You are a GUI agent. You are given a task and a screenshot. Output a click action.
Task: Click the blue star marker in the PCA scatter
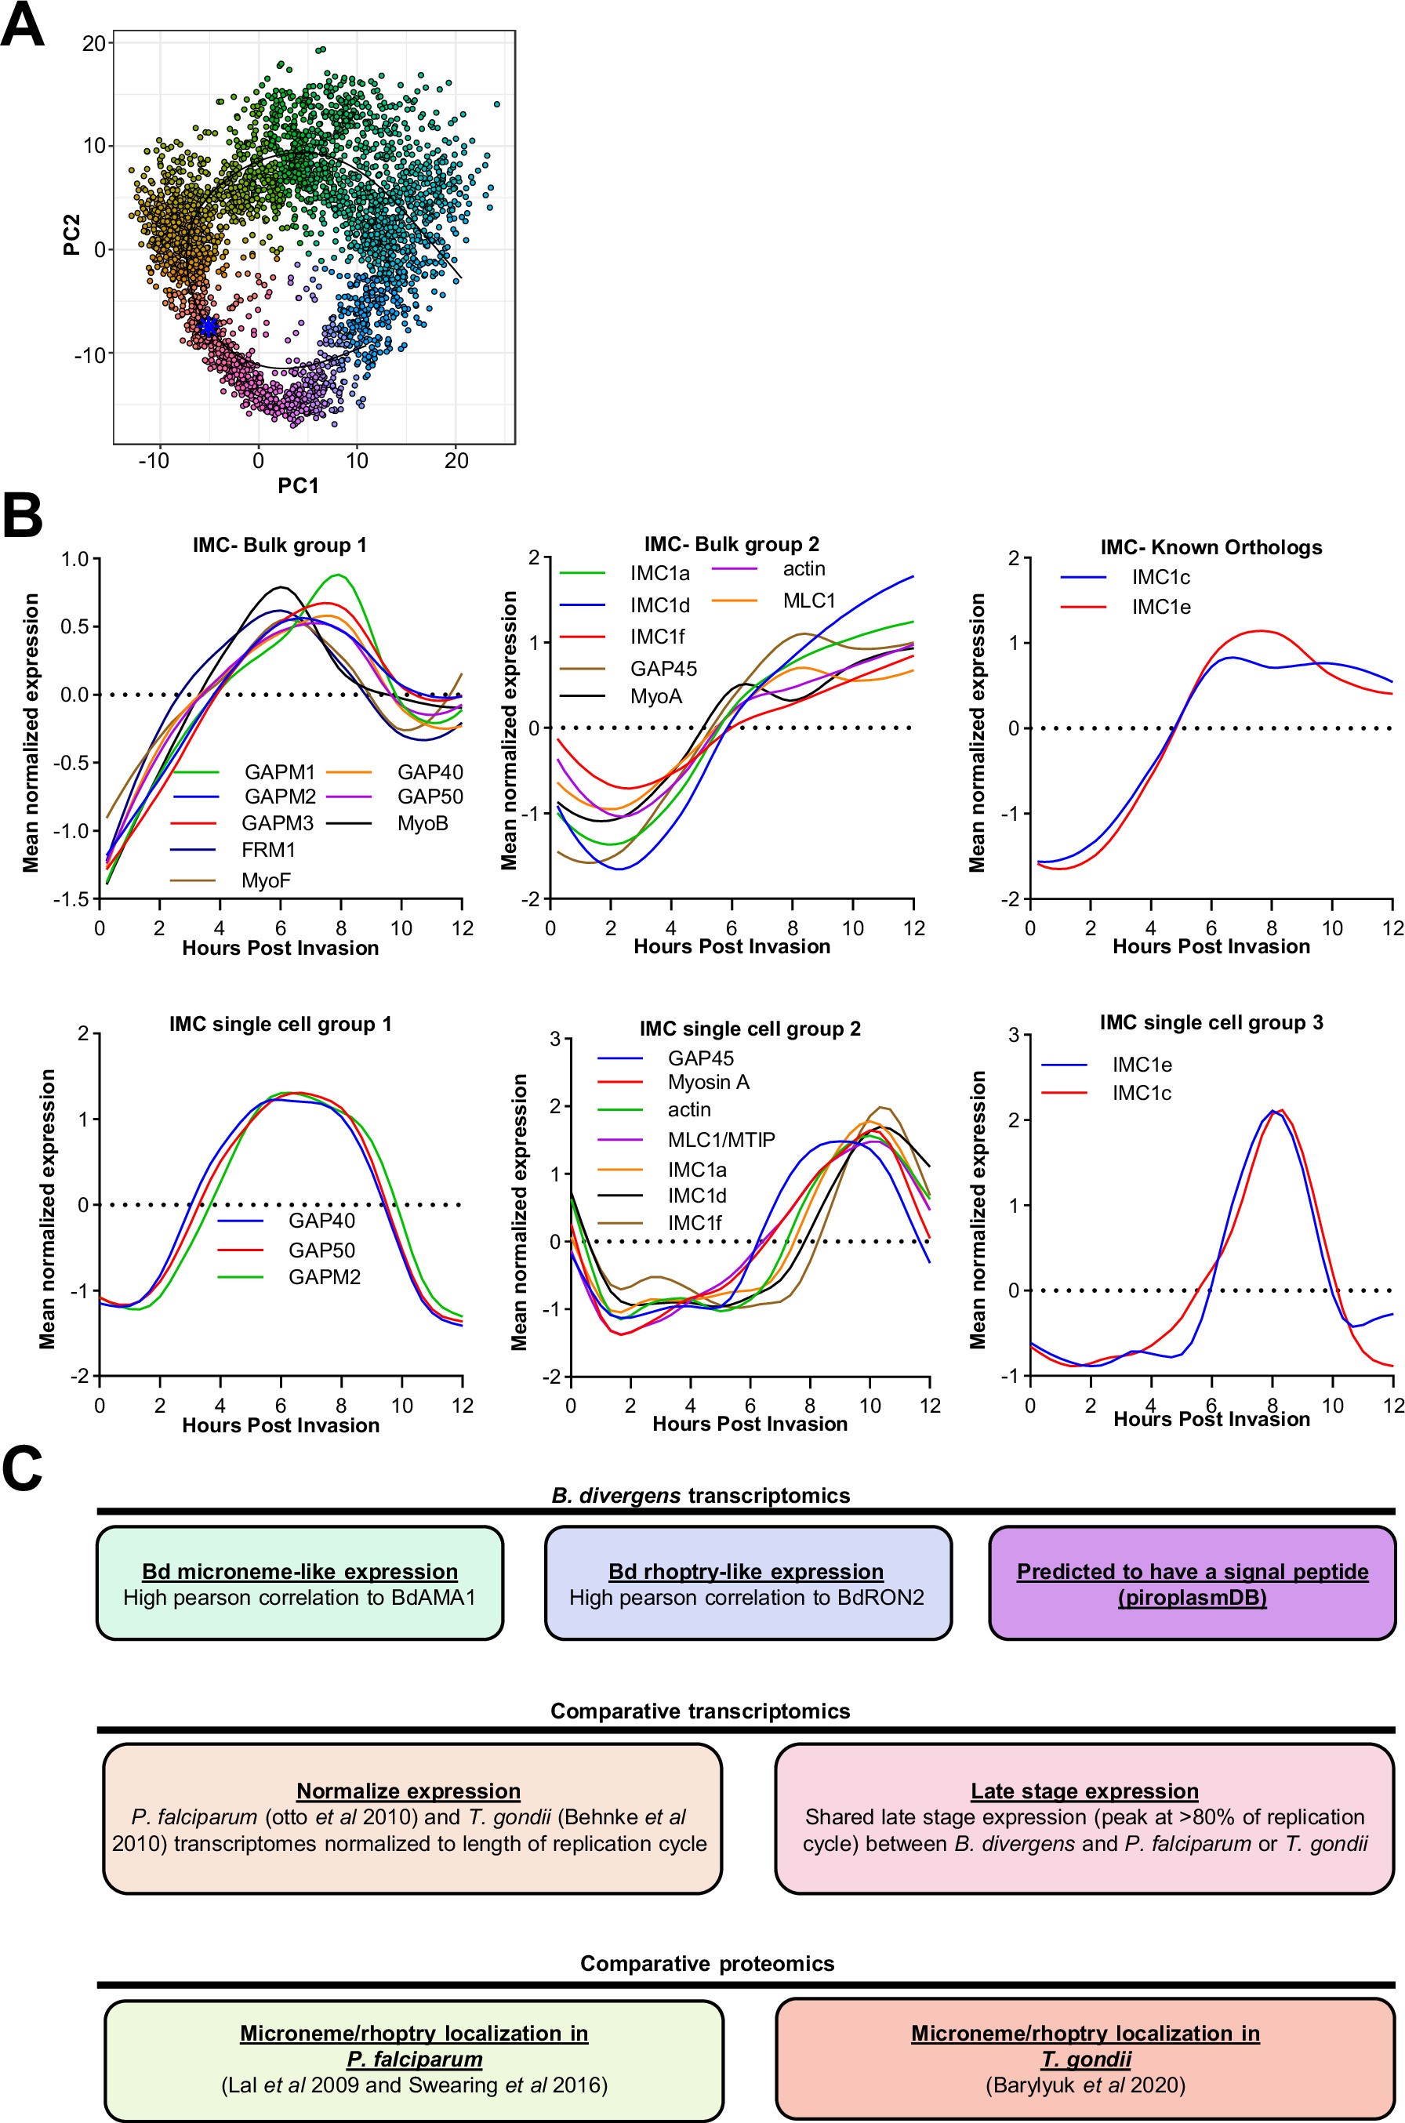pyautogui.click(x=208, y=326)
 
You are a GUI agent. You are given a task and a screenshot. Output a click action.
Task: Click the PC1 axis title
pyautogui.click(x=299, y=485)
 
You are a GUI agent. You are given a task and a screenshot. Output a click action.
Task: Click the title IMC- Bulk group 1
pyautogui.click(x=280, y=545)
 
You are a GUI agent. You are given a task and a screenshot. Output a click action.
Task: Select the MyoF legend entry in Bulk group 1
pyautogui.click(x=265, y=880)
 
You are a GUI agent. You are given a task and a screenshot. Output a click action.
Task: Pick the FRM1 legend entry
pyautogui.click(x=268, y=849)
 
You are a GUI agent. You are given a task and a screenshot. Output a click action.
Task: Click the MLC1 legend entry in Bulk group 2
pyautogui.click(x=808, y=601)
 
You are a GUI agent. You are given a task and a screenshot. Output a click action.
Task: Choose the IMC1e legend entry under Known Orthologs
pyautogui.click(x=1160, y=607)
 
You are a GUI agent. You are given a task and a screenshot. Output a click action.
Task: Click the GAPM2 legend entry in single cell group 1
pyautogui.click(x=324, y=1276)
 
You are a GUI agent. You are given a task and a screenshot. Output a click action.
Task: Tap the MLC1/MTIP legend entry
pyautogui.click(x=721, y=1139)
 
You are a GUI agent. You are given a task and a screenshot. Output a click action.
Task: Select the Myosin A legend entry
pyautogui.click(x=708, y=1082)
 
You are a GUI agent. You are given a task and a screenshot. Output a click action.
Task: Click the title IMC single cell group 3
pyautogui.click(x=1211, y=1022)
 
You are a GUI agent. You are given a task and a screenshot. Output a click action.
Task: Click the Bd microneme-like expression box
pyautogui.click(x=300, y=1583)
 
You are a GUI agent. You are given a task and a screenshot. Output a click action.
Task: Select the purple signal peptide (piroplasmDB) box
pyautogui.click(x=1192, y=1583)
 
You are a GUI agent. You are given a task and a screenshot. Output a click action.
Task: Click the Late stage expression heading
pyautogui.click(x=1084, y=1791)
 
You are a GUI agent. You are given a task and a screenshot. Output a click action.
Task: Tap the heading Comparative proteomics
pyautogui.click(x=707, y=1964)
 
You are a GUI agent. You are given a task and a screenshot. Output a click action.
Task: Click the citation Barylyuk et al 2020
pyautogui.click(x=1085, y=2085)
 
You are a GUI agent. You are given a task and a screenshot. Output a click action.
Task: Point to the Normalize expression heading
pyautogui.click(x=408, y=1791)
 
